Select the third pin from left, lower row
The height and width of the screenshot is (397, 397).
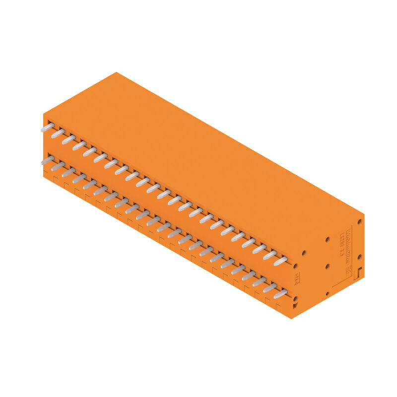[x=68, y=172]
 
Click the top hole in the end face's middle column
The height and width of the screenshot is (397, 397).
[x=327, y=239]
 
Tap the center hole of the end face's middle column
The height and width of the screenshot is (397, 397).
[x=327, y=266]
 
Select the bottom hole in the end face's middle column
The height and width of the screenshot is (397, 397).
[x=327, y=294]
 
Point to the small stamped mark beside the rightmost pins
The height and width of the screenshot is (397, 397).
[x=297, y=278]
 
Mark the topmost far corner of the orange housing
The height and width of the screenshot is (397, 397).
[x=117, y=72]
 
